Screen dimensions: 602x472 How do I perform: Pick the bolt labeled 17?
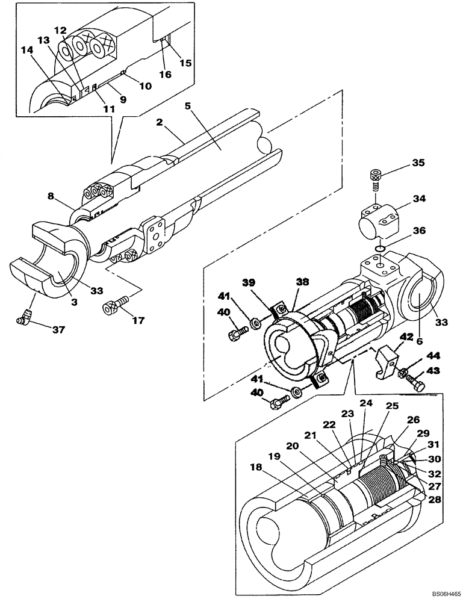coord(113,303)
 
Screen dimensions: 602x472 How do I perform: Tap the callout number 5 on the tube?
coord(187,105)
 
